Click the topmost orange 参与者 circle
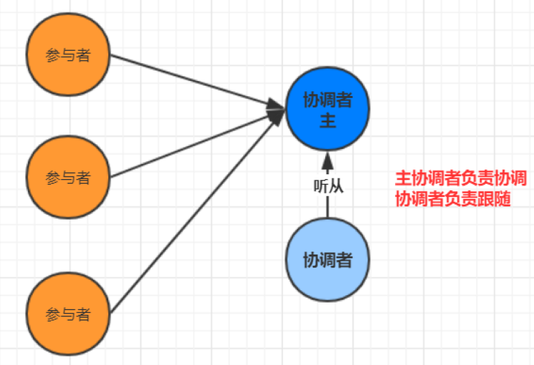coord(68,55)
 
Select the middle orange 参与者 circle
coord(68,177)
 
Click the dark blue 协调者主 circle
coord(327,110)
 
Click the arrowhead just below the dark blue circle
coord(327,163)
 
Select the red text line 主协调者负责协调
coord(461,178)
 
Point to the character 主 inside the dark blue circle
coord(327,122)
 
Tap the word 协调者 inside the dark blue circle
coord(327,101)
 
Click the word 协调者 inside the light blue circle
coord(327,261)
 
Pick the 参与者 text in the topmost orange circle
coord(68,56)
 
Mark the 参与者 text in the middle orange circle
coord(68,178)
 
